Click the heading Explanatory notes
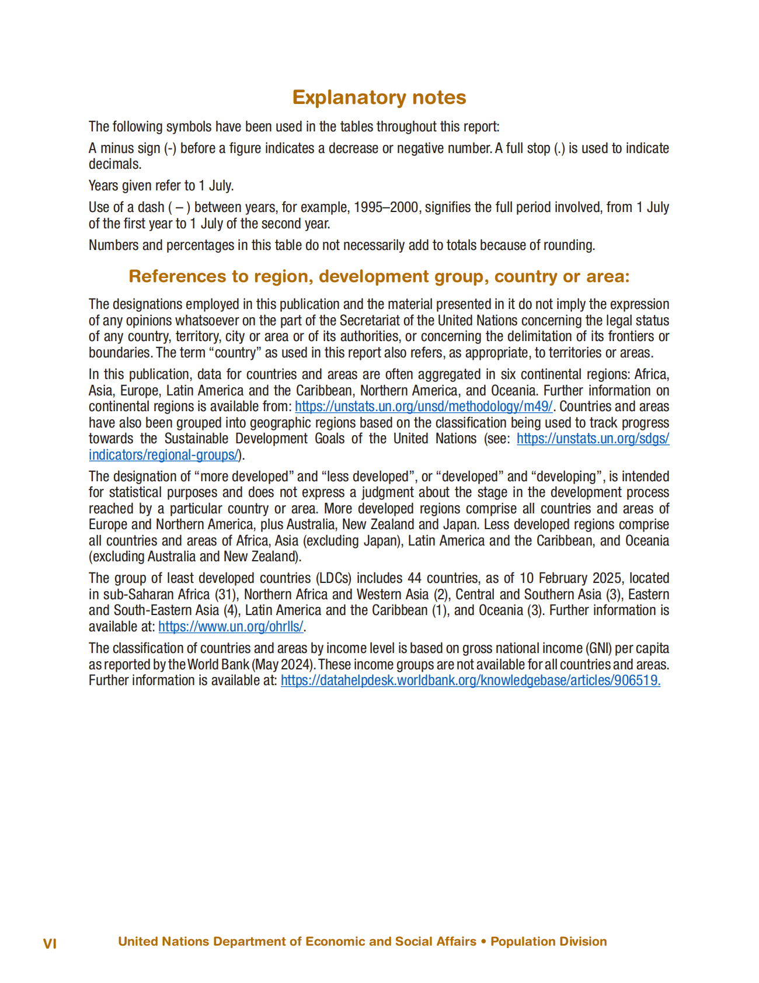click(x=379, y=98)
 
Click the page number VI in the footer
click(x=50, y=943)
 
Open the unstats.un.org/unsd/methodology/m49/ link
click(x=423, y=407)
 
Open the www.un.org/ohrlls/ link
click(x=231, y=627)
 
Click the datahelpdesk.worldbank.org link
click(x=470, y=680)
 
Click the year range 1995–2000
click(x=386, y=207)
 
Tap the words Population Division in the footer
click(x=548, y=942)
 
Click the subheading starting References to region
click(x=379, y=276)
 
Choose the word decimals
click(x=114, y=165)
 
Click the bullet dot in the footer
click(x=483, y=942)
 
